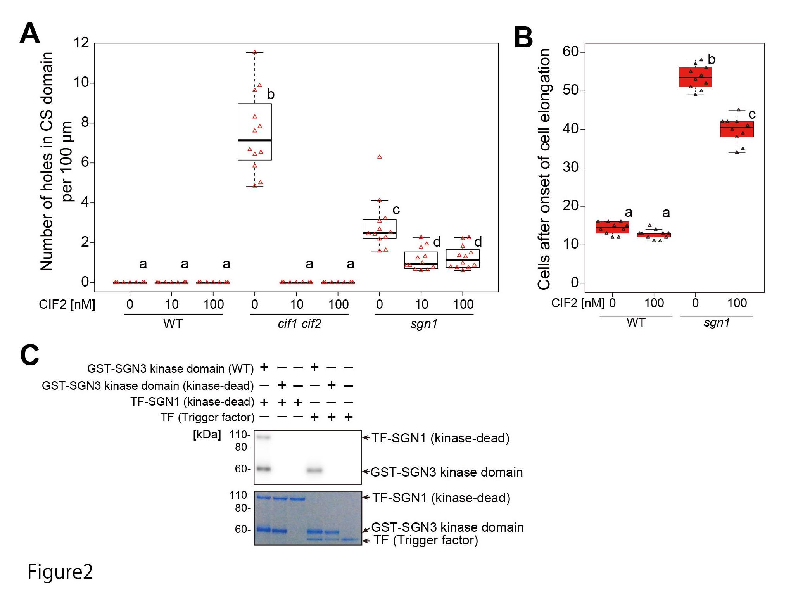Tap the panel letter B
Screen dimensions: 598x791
pyautogui.click(x=523, y=38)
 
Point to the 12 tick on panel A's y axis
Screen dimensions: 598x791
pyautogui.click(x=81, y=43)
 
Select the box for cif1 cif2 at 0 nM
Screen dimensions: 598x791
pyautogui.click(x=254, y=131)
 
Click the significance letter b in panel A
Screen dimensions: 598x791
pyautogui.click(x=271, y=94)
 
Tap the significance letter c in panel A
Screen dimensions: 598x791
pyautogui.click(x=396, y=210)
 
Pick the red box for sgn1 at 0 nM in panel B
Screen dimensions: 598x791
pyautogui.click(x=695, y=77)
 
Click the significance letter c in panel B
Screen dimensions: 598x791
pyautogui.click(x=752, y=114)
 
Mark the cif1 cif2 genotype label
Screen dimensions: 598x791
pyautogui.click(x=299, y=324)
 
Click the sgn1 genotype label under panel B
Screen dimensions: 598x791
pyautogui.click(x=717, y=323)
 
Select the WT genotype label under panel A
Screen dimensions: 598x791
pyautogui.click(x=173, y=324)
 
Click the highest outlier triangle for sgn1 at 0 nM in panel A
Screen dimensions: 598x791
pyautogui.click(x=380, y=157)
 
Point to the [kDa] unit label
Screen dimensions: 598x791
pyautogui.click(x=207, y=435)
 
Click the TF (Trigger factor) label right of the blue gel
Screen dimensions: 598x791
pyautogui.click(x=425, y=540)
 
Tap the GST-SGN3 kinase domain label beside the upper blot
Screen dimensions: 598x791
pyautogui.click(x=447, y=472)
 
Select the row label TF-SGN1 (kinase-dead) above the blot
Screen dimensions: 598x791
pyautogui.click(x=192, y=402)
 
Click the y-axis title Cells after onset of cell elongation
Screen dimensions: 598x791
pyautogui.click(x=544, y=169)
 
